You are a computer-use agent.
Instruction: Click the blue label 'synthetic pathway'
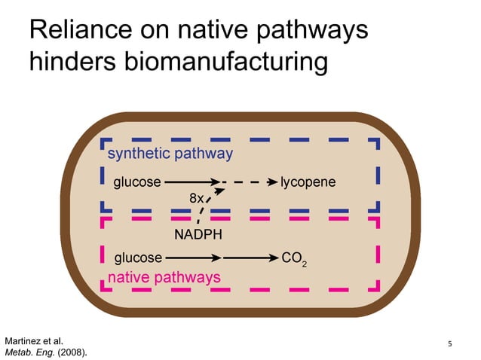coord(170,154)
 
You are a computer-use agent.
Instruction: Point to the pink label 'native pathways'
coord(164,277)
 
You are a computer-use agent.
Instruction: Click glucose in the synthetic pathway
coord(137,182)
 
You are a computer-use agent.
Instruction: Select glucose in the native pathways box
coord(137,258)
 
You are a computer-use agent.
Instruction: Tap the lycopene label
coord(308,182)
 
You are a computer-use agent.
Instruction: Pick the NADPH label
coord(198,234)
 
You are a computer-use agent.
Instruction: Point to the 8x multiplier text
coord(196,198)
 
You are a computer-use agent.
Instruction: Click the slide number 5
coord(450,344)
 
